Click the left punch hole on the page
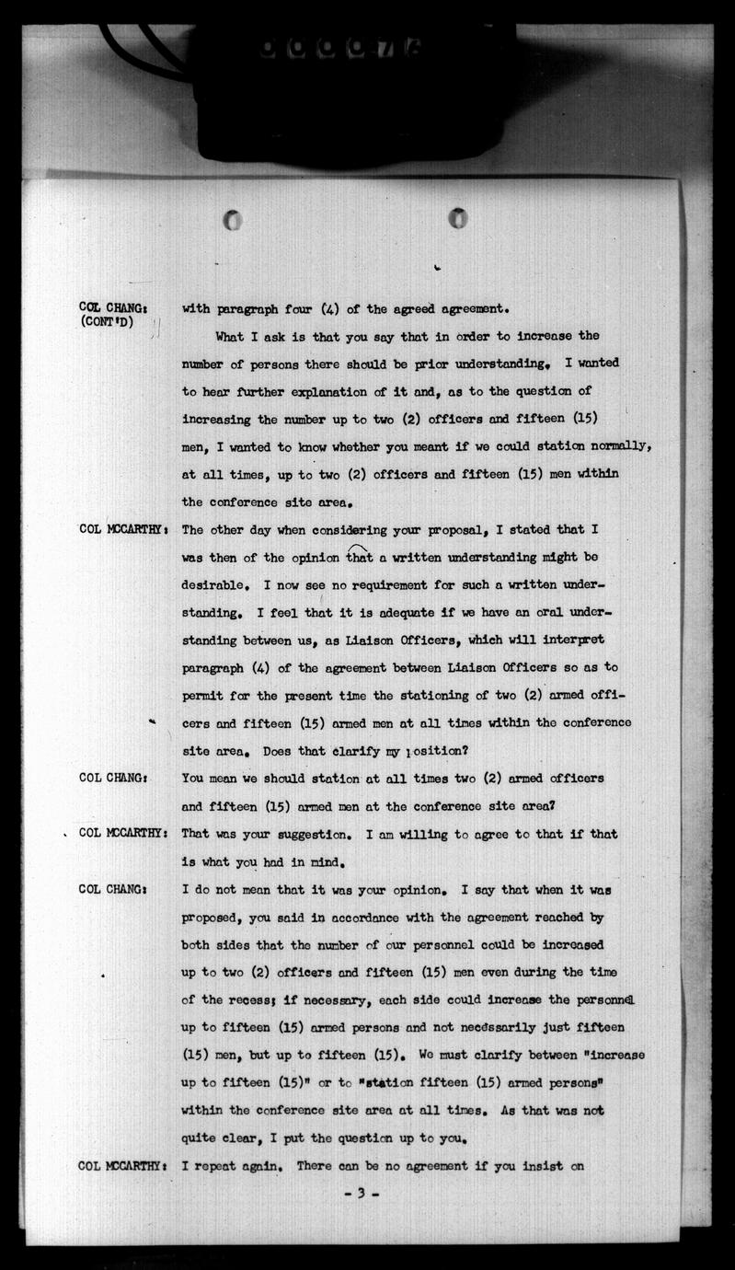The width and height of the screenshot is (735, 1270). (233, 221)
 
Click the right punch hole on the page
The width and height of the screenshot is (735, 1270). (457, 219)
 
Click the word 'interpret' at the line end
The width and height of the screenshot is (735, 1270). (568, 640)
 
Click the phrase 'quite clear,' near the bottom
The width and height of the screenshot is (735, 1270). (224, 1137)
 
